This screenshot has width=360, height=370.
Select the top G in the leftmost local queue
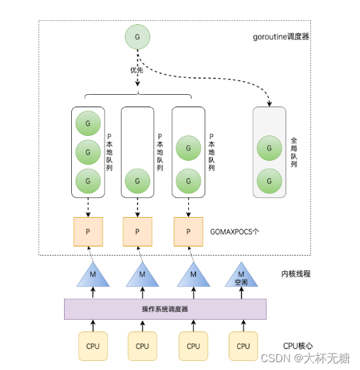(x=88, y=123)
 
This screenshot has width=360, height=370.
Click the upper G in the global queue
(x=269, y=146)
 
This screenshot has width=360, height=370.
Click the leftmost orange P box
(x=88, y=231)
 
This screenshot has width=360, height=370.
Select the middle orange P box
(x=137, y=231)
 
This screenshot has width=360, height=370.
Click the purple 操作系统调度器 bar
(x=165, y=309)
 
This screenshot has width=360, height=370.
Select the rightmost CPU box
(x=243, y=346)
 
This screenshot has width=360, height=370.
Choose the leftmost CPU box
(x=93, y=346)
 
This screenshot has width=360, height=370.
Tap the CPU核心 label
(x=298, y=346)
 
